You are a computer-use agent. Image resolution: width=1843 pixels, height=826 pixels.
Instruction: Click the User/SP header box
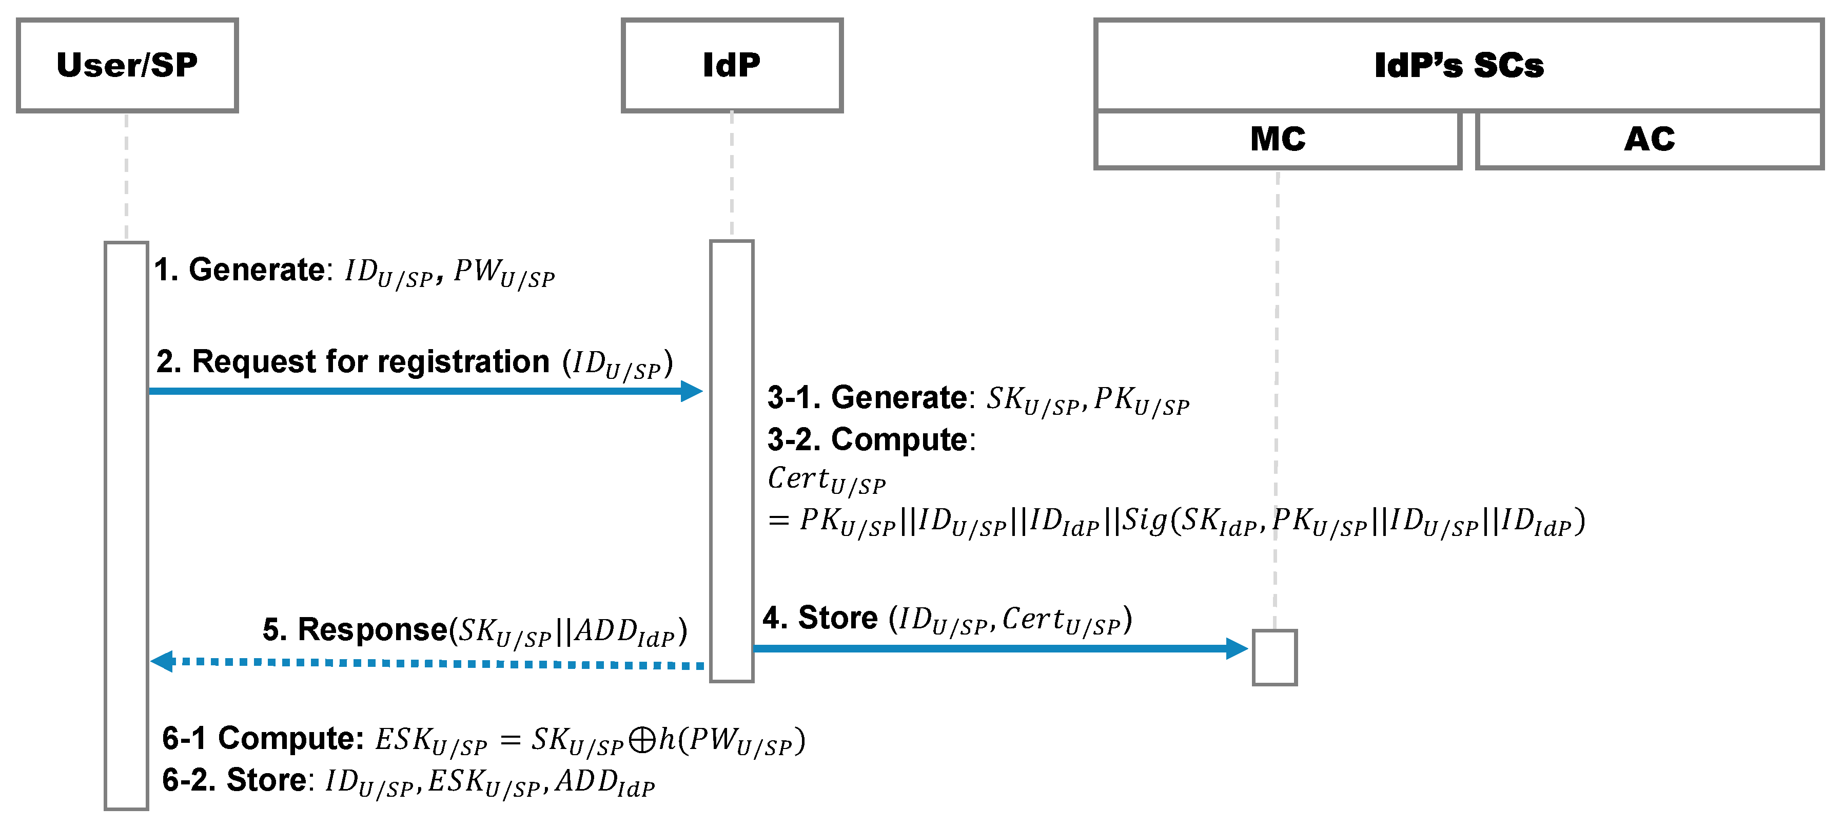[127, 65]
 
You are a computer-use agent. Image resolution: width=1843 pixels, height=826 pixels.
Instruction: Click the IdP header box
[731, 65]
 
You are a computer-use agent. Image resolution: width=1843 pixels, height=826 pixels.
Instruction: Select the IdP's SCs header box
[1458, 65]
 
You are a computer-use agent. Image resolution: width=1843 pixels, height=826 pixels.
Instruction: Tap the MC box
[1277, 139]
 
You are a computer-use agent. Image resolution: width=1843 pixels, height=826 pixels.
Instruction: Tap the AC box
[1649, 139]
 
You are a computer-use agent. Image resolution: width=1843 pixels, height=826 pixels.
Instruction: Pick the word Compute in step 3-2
[899, 439]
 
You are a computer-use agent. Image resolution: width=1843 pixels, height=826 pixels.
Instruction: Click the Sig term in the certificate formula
[1145, 521]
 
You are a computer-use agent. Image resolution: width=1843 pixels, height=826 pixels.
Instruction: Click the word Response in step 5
[372, 630]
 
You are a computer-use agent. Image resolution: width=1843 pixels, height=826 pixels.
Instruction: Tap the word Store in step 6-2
[266, 780]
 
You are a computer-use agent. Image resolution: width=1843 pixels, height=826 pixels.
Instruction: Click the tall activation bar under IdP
[731, 461]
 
